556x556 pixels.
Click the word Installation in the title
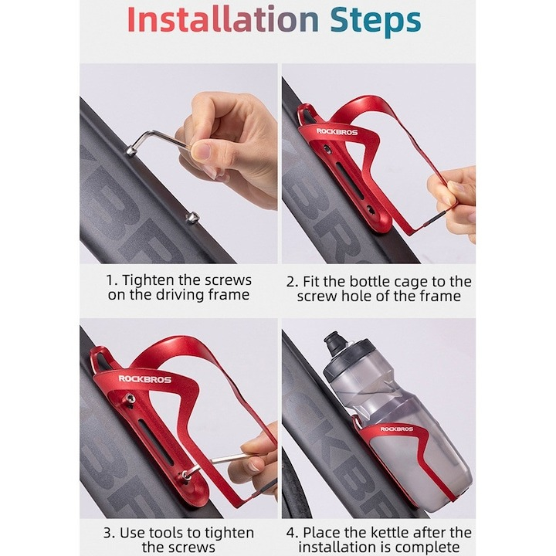[223, 20]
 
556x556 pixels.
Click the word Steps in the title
[376, 22]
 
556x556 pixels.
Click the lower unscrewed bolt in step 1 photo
[193, 217]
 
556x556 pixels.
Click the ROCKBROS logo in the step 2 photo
[337, 132]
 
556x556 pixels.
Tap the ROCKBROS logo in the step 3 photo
[144, 379]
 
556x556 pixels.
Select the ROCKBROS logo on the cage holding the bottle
[396, 429]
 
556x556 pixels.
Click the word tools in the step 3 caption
[166, 533]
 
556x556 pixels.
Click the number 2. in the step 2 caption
[292, 282]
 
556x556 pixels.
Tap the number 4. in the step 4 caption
[293, 533]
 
